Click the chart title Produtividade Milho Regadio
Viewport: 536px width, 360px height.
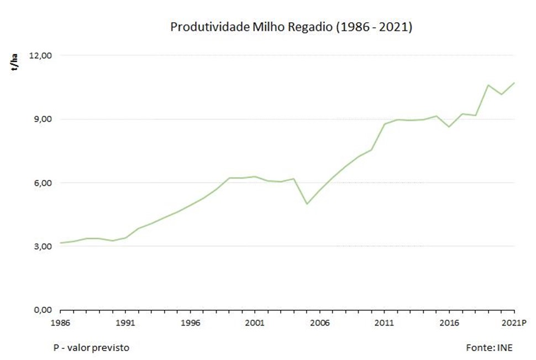pos(291,27)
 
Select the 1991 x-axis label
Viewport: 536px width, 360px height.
pos(125,322)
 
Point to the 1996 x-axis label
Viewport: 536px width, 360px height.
pos(190,322)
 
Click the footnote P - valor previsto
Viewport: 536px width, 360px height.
pos(92,347)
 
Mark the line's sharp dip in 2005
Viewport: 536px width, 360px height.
pos(307,204)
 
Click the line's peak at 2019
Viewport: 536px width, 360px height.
pos(488,85)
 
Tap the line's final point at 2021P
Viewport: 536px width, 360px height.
pos(514,83)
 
